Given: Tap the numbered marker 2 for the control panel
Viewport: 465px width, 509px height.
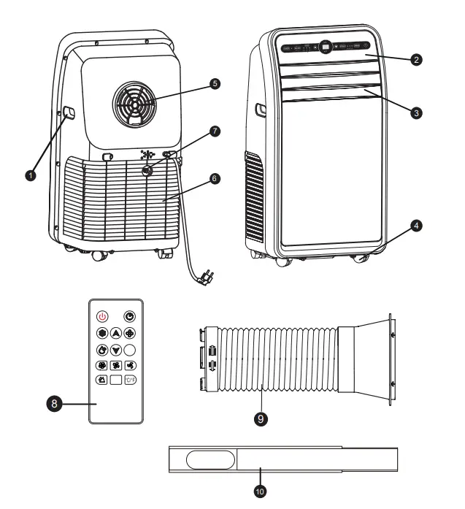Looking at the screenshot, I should (415, 60).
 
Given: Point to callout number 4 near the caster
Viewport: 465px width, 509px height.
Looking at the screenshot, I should (415, 227).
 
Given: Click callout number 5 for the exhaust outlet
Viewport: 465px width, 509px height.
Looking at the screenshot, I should (214, 83).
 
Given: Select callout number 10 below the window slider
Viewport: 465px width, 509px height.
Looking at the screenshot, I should (260, 491).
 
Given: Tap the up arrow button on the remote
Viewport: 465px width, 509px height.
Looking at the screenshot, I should (115, 332).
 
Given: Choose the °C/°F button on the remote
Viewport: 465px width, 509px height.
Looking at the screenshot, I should (129, 380).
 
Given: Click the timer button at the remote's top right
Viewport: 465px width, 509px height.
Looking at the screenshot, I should (129, 316).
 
